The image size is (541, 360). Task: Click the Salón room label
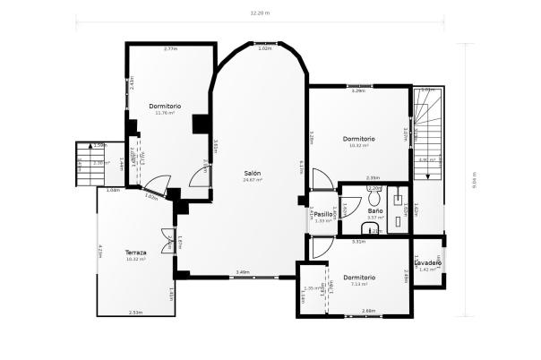[253, 172]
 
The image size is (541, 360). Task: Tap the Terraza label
[135, 252]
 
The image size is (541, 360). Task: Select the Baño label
[376, 211]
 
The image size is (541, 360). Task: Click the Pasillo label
[324, 215]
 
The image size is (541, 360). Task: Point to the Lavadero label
[428, 262]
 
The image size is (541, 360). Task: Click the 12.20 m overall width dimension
[260, 13]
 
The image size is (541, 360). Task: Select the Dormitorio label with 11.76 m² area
[167, 106]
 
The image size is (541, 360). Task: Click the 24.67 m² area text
[253, 180]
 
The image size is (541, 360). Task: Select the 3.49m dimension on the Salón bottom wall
[242, 272]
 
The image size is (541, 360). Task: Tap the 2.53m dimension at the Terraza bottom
[135, 313]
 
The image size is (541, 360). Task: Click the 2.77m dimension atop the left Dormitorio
[170, 48]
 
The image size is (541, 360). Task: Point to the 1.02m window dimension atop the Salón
[264, 48]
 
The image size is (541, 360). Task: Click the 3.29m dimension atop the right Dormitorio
[358, 90]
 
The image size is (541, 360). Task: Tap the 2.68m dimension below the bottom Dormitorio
[368, 311]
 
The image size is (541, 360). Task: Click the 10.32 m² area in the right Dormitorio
[358, 145]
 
